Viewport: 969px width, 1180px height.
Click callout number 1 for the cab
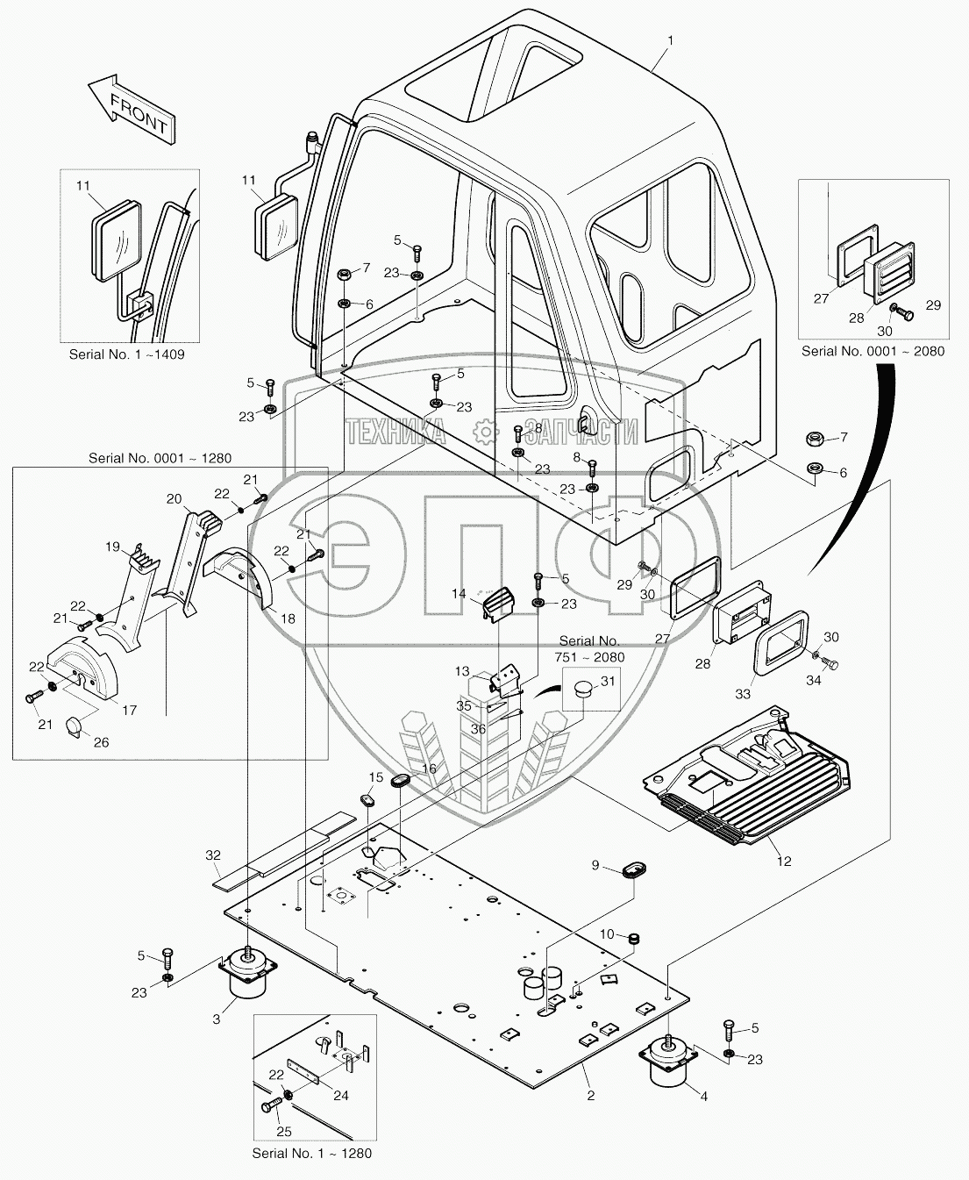click(x=671, y=41)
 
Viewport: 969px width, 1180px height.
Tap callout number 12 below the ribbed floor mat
click(x=785, y=861)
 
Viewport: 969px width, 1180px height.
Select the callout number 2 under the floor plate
click(x=590, y=1095)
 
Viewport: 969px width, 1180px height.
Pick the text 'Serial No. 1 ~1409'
click(x=126, y=354)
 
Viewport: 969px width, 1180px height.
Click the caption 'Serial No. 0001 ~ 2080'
click(x=873, y=351)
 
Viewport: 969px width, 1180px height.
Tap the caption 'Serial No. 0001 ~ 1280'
click(x=160, y=458)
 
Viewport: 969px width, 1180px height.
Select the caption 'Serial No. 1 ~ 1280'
click(x=312, y=1153)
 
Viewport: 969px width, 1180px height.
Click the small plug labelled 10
click(x=633, y=938)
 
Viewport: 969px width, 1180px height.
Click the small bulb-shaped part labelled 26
click(x=74, y=726)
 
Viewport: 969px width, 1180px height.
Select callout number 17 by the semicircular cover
click(x=130, y=710)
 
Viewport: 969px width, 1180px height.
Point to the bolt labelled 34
click(x=830, y=663)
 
